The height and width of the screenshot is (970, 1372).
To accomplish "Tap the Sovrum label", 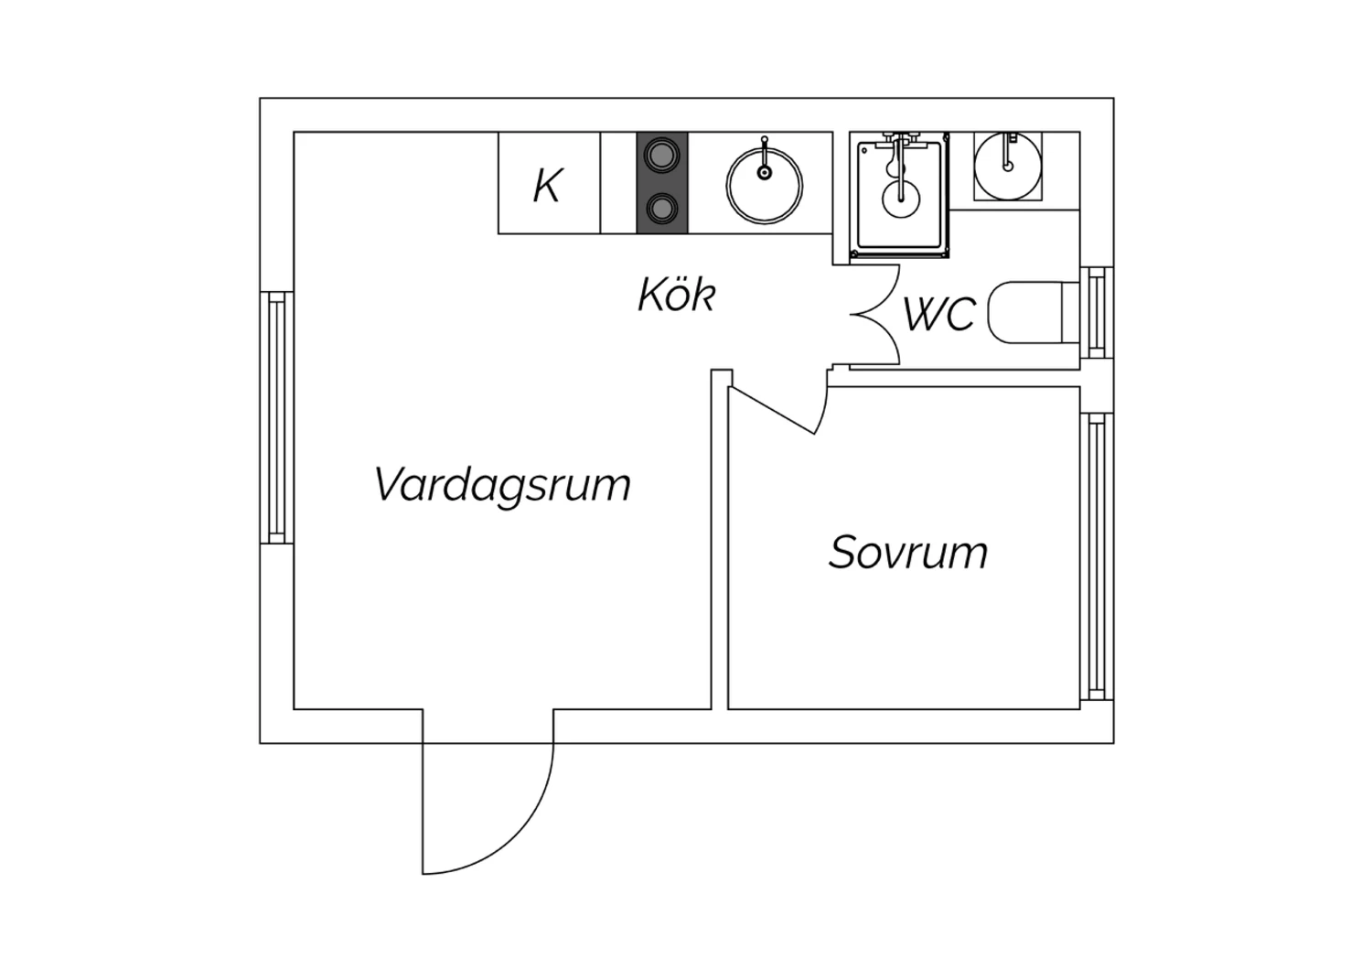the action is click(x=908, y=553).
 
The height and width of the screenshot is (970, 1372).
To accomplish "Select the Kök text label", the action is click(x=677, y=295).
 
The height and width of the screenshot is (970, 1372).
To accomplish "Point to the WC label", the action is click(x=939, y=315).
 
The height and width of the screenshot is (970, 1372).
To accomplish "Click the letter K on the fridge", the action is click(x=548, y=186).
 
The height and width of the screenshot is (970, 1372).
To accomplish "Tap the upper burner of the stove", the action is click(x=662, y=155).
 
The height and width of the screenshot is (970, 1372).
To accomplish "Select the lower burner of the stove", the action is click(x=662, y=210).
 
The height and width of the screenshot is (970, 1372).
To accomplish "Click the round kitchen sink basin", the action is click(x=765, y=186).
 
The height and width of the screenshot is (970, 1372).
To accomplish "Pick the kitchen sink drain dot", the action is click(x=765, y=173).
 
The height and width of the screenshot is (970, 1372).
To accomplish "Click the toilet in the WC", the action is click(x=1034, y=313).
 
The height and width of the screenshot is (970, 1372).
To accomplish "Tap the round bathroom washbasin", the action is click(x=1008, y=167).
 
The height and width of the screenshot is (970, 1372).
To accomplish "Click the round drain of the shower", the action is click(x=901, y=199).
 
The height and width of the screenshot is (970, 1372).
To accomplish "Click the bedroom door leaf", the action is click(x=772, y=411).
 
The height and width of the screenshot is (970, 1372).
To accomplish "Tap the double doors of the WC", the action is click(x=874, y=315).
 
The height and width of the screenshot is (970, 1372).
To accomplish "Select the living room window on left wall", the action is click(x=277, y=418).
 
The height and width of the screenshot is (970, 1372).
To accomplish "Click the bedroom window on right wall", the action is click(x=1097, y=556).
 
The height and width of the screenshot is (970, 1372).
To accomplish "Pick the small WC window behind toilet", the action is click(x=1097, y=313).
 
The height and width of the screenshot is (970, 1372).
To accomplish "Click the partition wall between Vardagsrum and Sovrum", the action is click(x=720, y=539).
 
